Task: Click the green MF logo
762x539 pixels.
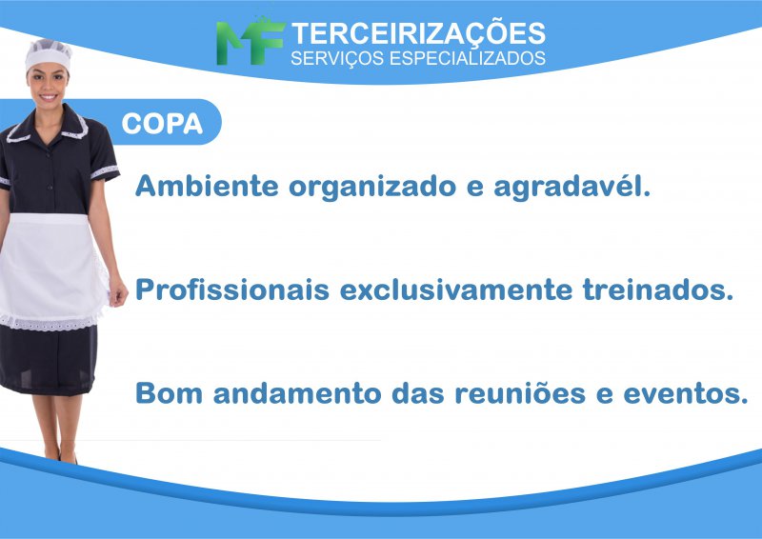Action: (x=250, y=42)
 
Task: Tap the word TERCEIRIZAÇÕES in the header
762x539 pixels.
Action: (x=418, y=32)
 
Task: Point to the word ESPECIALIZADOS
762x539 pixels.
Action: (x=468, y=58)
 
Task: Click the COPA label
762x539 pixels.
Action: (x=162, y=124)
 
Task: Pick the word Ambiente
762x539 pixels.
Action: (x=207, y=185)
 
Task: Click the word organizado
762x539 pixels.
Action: (x=372, y=187)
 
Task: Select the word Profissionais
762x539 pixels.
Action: (x=232, y=289)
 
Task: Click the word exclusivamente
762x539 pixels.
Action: (x=456, y=289)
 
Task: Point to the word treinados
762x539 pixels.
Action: (x=658, y=289)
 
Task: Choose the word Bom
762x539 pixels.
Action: (x=169, y=392)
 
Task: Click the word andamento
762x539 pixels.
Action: (x=297, y=392)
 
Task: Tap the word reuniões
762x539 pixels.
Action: (x=520, y=392)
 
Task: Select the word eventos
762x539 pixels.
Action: (x=686, y=393)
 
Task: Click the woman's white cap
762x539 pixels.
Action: (x=48, y=54)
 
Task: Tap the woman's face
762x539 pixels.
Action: (x=47, y=84)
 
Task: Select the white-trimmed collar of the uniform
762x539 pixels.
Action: (x=48, y=127)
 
